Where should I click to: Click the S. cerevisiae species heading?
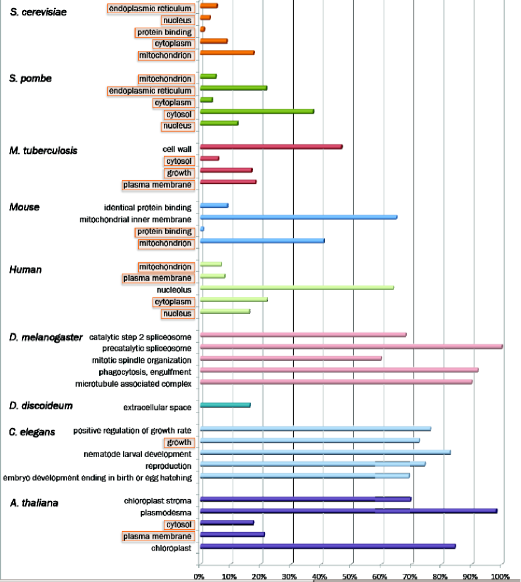[x=40, y=13]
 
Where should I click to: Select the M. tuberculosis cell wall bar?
[x=271, y=147]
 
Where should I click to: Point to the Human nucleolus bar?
[x=297, y=288]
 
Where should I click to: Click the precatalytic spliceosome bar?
[x=351, y=347]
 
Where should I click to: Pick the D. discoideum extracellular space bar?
[x=225, y=406]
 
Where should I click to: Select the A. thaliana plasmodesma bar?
[x=348, y=511]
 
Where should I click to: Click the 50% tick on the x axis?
[x=350, y=576]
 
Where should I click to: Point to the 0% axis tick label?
[x=199, y=576]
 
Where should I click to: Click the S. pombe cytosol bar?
[x=257, y=112]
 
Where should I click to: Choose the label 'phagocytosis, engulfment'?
[x=145, y=372]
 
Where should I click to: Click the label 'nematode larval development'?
[x=137, y=454]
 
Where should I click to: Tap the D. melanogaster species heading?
[x=46, y=338]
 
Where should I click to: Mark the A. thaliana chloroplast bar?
[x=328, y=546]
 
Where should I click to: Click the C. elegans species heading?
[x=32, y=432]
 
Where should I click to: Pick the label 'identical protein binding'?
[x=148, y=207]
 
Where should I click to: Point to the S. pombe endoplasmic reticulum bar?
[x=234, y=88]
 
